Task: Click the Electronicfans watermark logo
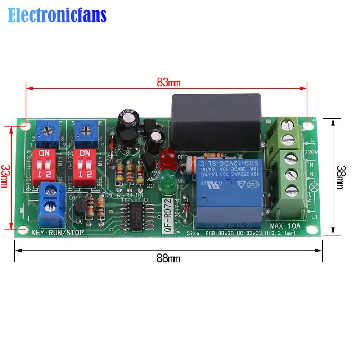(x=58, y=15)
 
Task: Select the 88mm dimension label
(x=168, y=258)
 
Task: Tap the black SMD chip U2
(x=136, y=216)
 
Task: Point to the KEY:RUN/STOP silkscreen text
(x=57, y=233)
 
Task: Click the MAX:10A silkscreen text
(x=285, y=226)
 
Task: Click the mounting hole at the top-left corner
(x=26, y=126)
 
